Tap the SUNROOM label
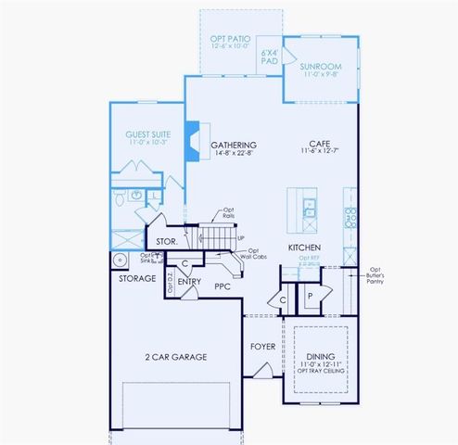click(x=322, y=68)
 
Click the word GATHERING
click(x=234, y=146)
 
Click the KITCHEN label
click(x=305, y=248)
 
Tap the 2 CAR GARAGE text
click(x=174, y=357)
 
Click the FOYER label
click(x=263, y=349)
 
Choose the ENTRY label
click(x=190, y=281)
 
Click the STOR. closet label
click(x=168, y=243)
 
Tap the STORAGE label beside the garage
click(x=137, y=277)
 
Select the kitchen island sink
click(x=309, y=208)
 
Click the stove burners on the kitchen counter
click(x=350, y=217)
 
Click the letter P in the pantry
click(x=312, y=296)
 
